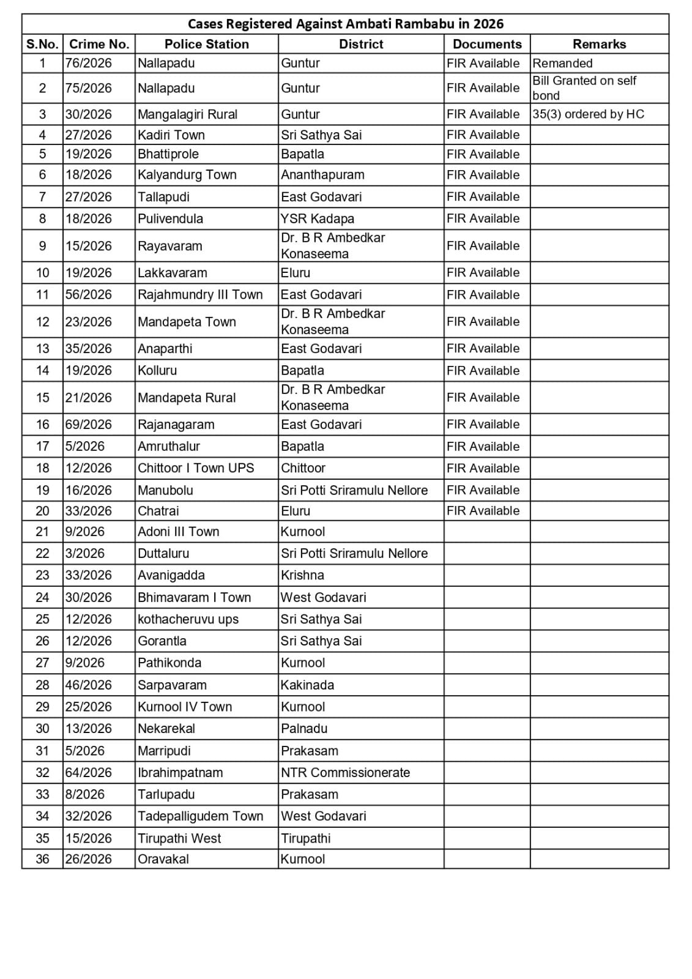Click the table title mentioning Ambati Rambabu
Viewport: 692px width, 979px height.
345,24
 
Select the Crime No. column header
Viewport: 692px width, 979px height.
99,44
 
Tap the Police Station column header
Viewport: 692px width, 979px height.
207,44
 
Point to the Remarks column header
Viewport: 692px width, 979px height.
599,44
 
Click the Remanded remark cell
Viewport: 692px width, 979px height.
562,63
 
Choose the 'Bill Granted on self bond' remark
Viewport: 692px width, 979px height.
584,88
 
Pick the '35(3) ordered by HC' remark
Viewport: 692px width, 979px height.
588,114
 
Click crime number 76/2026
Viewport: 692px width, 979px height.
89,63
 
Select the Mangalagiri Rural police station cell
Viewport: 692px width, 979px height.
187,114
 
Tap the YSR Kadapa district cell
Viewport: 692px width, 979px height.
318,218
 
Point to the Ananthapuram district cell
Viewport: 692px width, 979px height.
322,175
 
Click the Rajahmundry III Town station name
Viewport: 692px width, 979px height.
200,295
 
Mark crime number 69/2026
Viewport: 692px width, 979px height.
89,425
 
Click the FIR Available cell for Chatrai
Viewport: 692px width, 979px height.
483,511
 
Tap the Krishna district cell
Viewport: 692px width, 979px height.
302,575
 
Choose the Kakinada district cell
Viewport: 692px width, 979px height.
307,685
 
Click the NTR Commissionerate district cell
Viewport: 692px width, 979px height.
345,772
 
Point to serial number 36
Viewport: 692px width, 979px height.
42,859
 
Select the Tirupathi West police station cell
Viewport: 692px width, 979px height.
179,838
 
